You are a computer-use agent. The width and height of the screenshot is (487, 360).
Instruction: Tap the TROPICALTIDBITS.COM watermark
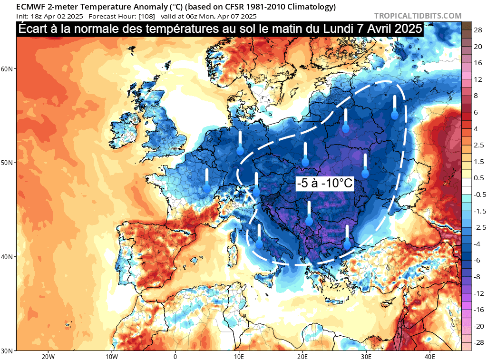pos(418,16)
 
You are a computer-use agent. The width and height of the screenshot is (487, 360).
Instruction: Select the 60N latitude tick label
pos(8,68)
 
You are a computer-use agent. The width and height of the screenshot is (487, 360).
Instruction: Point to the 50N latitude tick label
pos(8,163)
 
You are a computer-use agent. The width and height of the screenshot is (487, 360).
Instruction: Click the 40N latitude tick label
pos(8,257)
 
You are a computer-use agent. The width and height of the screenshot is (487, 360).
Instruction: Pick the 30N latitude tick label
pos(8,351)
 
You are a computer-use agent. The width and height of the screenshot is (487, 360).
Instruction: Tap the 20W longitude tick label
pos(48,356)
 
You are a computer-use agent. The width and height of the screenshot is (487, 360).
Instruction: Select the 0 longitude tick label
pos(175,356)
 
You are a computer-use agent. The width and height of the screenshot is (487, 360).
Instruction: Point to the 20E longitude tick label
pos(303,356)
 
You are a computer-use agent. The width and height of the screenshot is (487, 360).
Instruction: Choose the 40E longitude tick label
pos(430,356)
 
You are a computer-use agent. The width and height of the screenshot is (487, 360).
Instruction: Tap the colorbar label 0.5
pos(479,178)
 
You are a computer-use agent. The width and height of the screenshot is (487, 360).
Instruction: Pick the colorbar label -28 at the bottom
pos(479,342)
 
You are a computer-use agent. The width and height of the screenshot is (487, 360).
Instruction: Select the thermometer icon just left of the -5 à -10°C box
pos(305,155)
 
